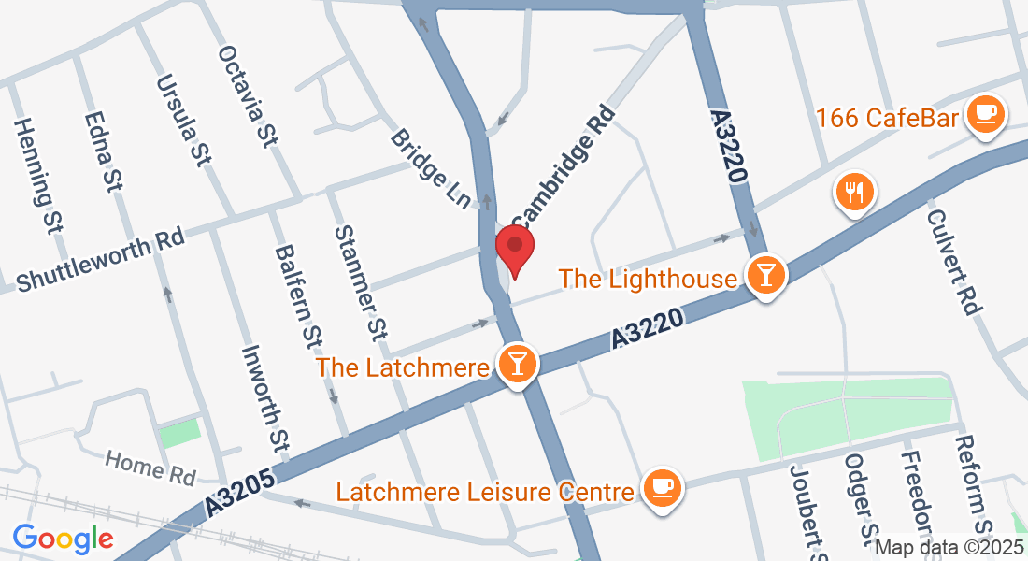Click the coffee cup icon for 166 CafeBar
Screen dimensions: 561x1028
point(983,115)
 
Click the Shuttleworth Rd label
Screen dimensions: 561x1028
point(100,259)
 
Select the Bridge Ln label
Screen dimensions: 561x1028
point(431,168)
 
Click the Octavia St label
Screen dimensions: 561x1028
point(248,95)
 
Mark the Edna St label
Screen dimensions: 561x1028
point(103,152)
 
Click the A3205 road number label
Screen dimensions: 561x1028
point(240,492)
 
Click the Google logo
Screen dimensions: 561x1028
point(63,539)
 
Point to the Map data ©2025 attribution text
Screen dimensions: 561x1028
point(949,548)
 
